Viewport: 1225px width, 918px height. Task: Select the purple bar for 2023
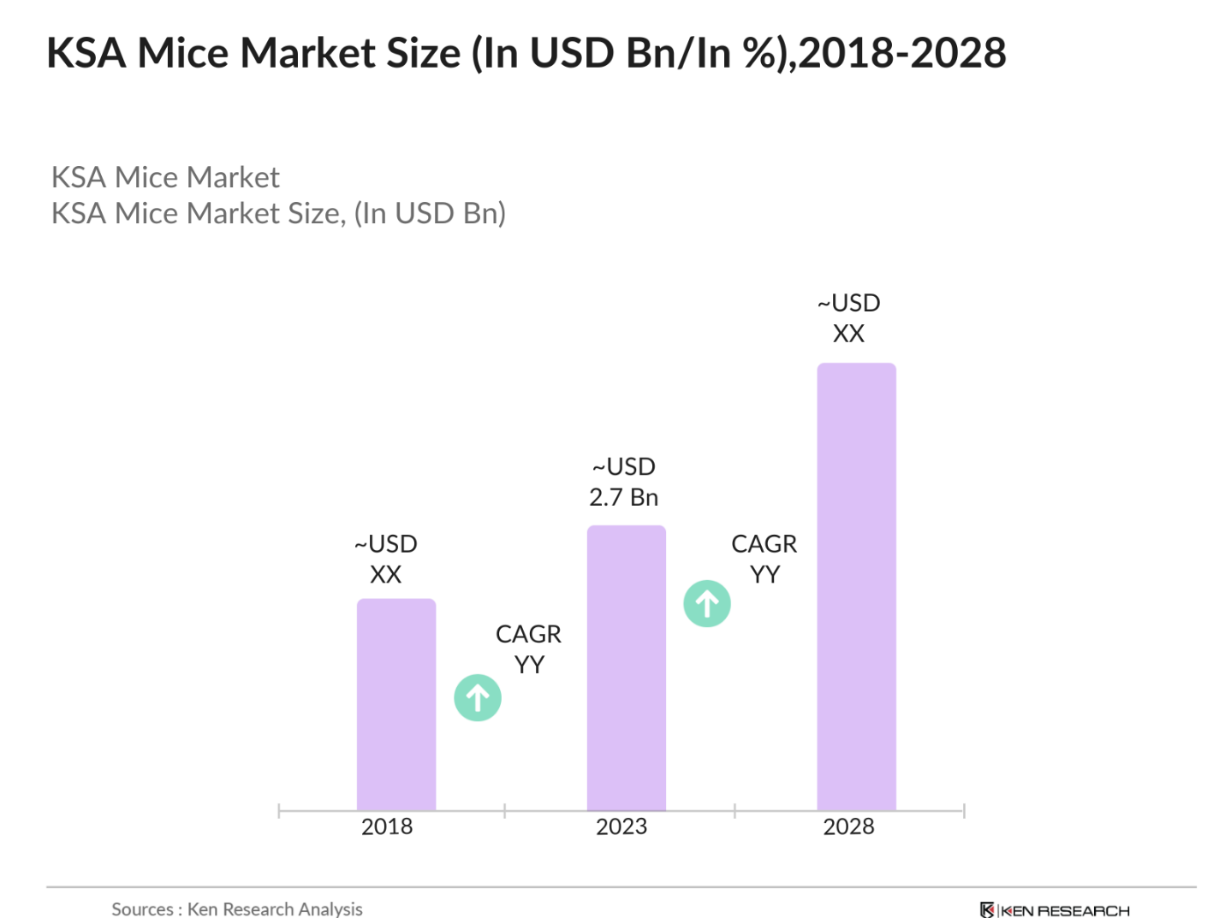[x=626, y=667]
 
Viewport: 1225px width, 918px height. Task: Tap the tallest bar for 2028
[x=856, y=586]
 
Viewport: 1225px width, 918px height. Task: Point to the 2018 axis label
[x=387, y=826]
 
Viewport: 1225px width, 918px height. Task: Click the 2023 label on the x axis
[x=621, y=826]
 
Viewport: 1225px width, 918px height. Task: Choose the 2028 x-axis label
[x=848, y=826]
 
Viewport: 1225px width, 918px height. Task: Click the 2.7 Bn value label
[x=623, y=497]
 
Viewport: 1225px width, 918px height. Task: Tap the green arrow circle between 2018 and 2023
[x=478, y=698]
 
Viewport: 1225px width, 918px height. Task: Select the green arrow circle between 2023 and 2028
[x=707, y=604]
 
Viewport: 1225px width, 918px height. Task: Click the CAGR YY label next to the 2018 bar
[x=528, y=649]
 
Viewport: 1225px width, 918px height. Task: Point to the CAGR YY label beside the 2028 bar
[x=764, y=559]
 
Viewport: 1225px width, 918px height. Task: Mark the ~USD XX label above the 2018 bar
[x=386, y=559]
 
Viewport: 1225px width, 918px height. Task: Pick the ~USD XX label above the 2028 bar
[x=848, y=318]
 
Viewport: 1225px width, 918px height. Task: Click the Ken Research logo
[x=1055, y=909]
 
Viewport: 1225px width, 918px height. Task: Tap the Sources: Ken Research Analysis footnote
[x=237, y=909]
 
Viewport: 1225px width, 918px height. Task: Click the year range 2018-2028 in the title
[x=902, y=53]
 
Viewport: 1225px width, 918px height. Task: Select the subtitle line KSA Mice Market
[x=165, y=177]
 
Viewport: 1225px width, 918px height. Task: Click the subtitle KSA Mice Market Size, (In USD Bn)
[x=278, y=213]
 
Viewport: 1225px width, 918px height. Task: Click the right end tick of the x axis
[x=964, y=810]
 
